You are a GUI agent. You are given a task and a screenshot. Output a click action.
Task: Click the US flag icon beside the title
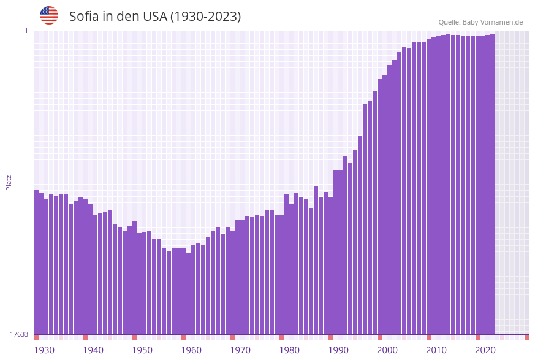pyautogui.click(x=49, y=15)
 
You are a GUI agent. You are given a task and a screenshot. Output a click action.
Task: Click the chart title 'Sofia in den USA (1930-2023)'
pyautogui.click(x=155, y=17)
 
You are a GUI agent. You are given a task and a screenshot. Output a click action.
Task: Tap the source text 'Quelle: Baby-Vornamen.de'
pyautogui.click(x=480, y=22)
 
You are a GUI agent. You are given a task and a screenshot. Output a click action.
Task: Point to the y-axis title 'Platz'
pyautogui.click(x=9, y=182)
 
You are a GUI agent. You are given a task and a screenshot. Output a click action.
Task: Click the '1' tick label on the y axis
pyautogui.click(x=26, y=31)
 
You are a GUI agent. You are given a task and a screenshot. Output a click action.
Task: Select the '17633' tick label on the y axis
pyautogui.click(x=19, y=334)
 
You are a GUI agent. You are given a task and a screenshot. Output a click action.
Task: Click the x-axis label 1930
pyautogui.click(x=44, y=350)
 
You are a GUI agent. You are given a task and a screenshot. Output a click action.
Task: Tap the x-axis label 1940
pyautogui.click(x=93, y=350)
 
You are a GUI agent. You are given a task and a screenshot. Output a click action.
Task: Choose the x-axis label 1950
pyautogui.click(x=142, y=350)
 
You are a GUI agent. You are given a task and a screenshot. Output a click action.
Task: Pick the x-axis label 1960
pyautogui.click(x=191, y=350)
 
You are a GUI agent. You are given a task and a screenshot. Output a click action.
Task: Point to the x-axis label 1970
pyautogui.click(x=240, y=350)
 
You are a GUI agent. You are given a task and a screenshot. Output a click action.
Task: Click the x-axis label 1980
pyautogui.click(x=289, y=350)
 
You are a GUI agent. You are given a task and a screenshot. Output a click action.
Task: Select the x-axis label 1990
pyautogui.click(x=338, y=350)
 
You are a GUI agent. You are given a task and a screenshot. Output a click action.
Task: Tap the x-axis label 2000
pyautogui.click(x=387, y=350)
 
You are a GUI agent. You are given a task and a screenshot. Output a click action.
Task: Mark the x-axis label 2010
pyautogui.click(x=436, y=350)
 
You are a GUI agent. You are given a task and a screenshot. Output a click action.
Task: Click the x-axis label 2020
pyautogui.click(x=485, y=350)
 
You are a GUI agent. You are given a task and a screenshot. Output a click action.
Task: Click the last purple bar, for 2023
pyautogui.click(x=492, y=184)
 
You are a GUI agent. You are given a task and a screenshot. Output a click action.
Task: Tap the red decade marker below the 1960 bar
pyautogui.click(x=183, y=337)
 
